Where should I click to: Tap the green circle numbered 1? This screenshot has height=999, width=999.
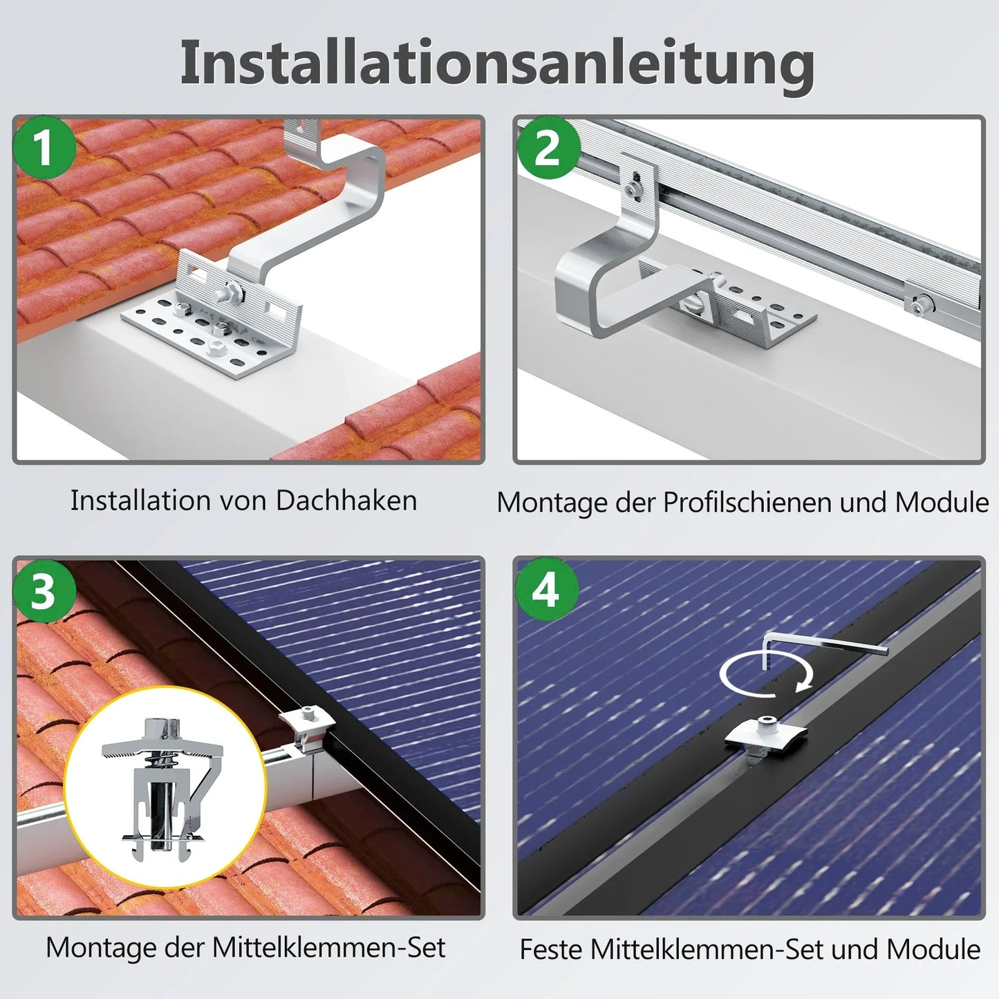pos(45,148)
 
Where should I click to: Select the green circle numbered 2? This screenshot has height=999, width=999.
pos(547,148)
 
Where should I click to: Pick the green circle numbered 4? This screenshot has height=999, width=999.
pos(546,590)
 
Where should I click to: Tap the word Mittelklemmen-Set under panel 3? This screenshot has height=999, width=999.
pos(328,948)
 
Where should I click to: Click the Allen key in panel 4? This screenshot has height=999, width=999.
pos(823,644)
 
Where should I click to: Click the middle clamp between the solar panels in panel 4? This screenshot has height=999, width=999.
pos(766,733)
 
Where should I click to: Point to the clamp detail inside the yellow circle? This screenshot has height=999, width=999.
pos(164,788)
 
